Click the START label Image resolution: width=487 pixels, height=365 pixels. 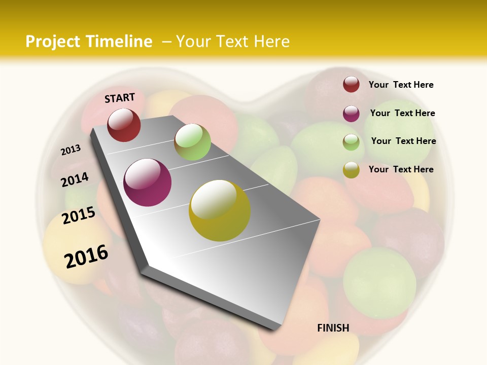(120, 97)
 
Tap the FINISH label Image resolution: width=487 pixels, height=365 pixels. (333, 328)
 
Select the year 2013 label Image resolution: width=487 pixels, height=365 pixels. (71, 150)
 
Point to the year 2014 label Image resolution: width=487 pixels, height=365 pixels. (75, 179)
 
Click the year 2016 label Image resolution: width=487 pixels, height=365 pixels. (86, 256)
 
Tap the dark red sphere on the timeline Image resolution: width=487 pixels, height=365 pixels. (124, 125)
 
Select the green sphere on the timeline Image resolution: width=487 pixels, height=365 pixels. (192, 141)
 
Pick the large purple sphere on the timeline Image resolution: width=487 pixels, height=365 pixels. (148, 182)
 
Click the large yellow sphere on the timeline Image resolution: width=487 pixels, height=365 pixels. (220, 210)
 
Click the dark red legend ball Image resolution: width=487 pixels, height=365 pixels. (351, 84)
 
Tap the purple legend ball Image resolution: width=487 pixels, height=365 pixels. (351, 113)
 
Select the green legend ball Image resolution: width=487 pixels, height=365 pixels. (351, 142)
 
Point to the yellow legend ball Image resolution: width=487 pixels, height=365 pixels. (351, 170)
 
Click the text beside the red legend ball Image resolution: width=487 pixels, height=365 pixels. (401, 85)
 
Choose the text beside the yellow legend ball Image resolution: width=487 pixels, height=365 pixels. (401, 169)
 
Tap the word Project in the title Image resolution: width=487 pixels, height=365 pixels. (53, 42)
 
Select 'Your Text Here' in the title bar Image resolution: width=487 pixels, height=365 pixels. (233, 42)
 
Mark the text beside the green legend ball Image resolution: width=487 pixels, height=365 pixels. (403, 141)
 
